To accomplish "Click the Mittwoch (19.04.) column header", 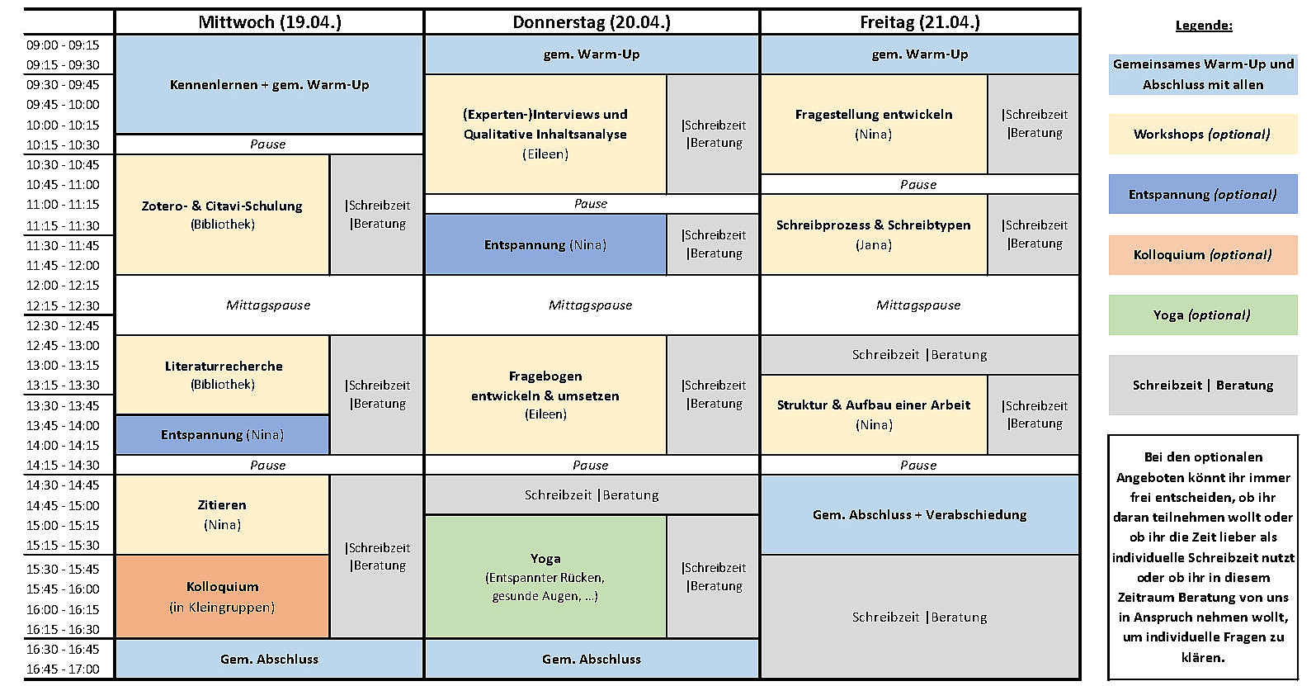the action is pyautogui.click(x=270, y=22).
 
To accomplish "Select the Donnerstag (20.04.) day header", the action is pyautogui.click(x=592, y=22).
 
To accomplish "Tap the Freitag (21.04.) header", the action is pyautogui.click(x=920, y=22).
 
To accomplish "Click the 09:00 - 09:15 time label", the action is pyautogui.click(x=63, y=45).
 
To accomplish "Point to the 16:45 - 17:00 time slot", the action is pyautogui.click(x=63, y=669).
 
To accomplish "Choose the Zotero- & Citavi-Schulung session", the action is pyautogui.click(x=223, y=215).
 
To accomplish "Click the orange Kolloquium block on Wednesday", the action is pyautogui.click(x=223, y=596).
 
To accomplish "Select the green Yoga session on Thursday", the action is pyautogui.click(x=545, y=577).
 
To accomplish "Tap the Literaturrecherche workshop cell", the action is pyautogui.click(x=223, y=375).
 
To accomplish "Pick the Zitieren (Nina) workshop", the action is pyautogui.click(x=223, y=514).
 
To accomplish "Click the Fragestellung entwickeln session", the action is pyautogui.click(x=875, y=124).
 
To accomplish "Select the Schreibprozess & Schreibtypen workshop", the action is pyautogui.click(x=875, y=234).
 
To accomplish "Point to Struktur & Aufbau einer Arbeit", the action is pyautogui.click(x=875, y=414).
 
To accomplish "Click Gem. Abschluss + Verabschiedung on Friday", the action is pyautogui.click(x=920, y=515).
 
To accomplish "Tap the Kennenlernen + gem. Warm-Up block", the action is pyautogui.click(x=270, y=84).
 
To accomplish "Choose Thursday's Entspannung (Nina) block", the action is pyautogui.click(x=545, y=244).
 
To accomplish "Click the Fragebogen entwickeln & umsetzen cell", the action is pyautogui.click(x=545, y=395).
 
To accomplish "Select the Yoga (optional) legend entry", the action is pyautogui.click(x=1203, y=315).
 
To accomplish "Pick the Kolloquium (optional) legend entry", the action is pyautogui.click(x=1203, y=254).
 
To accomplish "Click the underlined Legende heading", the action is pyautogui.click(x=1204, y=26).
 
